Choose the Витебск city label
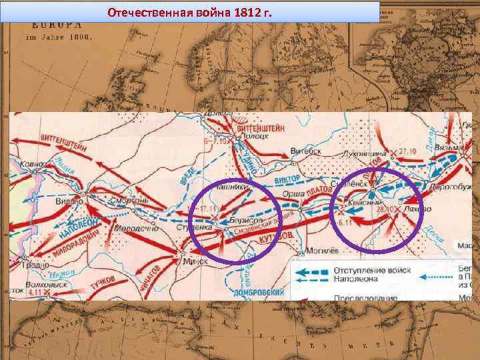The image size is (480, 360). (x=305, y=151)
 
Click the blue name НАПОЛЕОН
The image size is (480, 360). (x=78, y=226)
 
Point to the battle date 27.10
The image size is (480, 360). (x=407, y=151)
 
